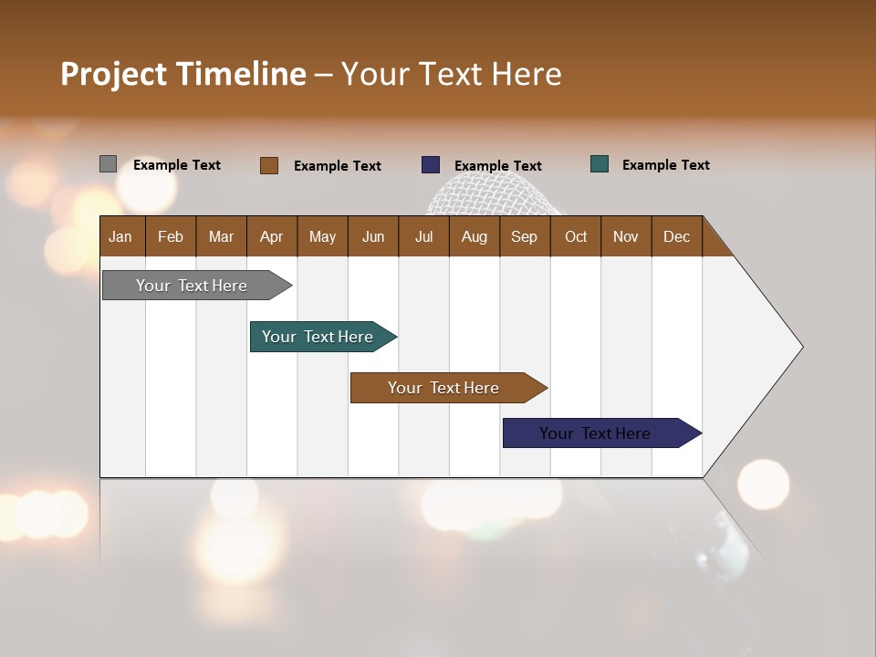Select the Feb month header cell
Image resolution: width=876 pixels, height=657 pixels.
pos(171,236)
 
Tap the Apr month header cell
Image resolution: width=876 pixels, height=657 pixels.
pos(272,236)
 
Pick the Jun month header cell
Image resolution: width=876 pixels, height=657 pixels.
pos(373,236)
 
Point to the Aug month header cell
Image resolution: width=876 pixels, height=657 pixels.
pos(474,236)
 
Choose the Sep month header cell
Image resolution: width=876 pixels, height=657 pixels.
pos(525,236)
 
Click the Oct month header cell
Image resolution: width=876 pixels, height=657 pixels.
pos(576,236)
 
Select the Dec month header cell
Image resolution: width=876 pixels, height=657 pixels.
pos(677,236)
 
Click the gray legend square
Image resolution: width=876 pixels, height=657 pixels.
pos(108,164)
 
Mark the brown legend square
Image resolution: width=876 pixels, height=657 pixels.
pos(269,165)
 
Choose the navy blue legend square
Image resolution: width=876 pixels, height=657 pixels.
pos(431,165)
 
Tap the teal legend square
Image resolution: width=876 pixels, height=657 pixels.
pos(600,164)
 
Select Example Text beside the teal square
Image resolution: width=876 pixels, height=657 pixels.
pos(665,165)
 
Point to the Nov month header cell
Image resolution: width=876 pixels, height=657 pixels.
pos(626,236)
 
